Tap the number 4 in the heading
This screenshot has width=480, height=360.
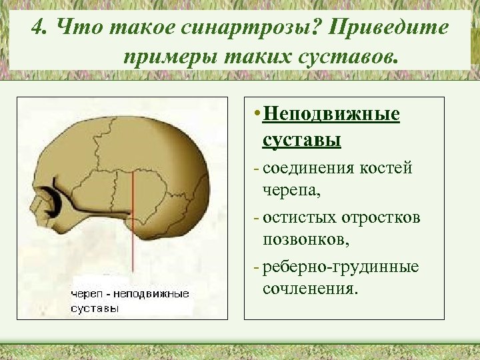(39, 28)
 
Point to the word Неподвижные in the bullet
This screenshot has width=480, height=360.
(331, 114)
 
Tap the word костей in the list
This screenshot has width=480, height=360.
(386, 168)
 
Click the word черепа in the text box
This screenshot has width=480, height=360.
(291, 192)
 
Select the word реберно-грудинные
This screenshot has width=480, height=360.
(341, 267)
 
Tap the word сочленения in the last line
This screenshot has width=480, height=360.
(309, 291)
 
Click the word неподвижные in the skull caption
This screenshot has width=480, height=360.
(153, 294)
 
